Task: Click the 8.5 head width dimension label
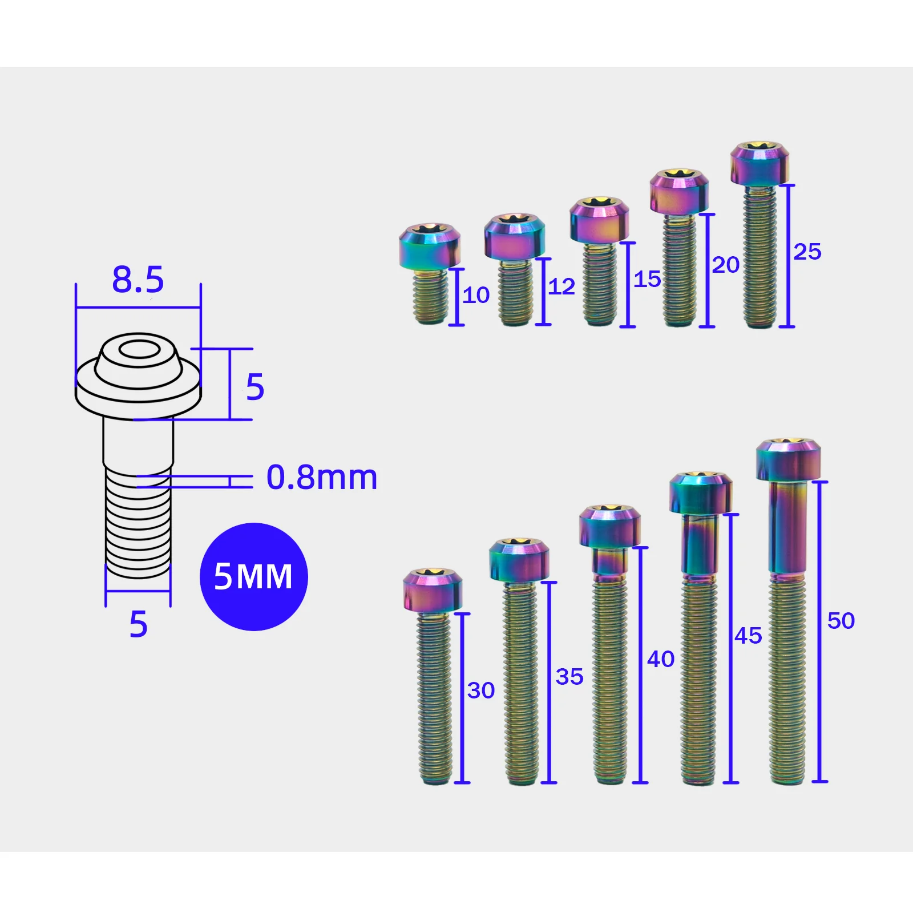[138, 280]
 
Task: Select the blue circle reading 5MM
[254, 576]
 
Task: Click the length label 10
[476, 295]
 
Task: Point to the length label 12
[561, 286]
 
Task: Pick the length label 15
[647, 279]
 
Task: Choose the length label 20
[725, 265]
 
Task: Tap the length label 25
[807, 252]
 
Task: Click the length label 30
[480, 690]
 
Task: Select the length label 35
[569, 677]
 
